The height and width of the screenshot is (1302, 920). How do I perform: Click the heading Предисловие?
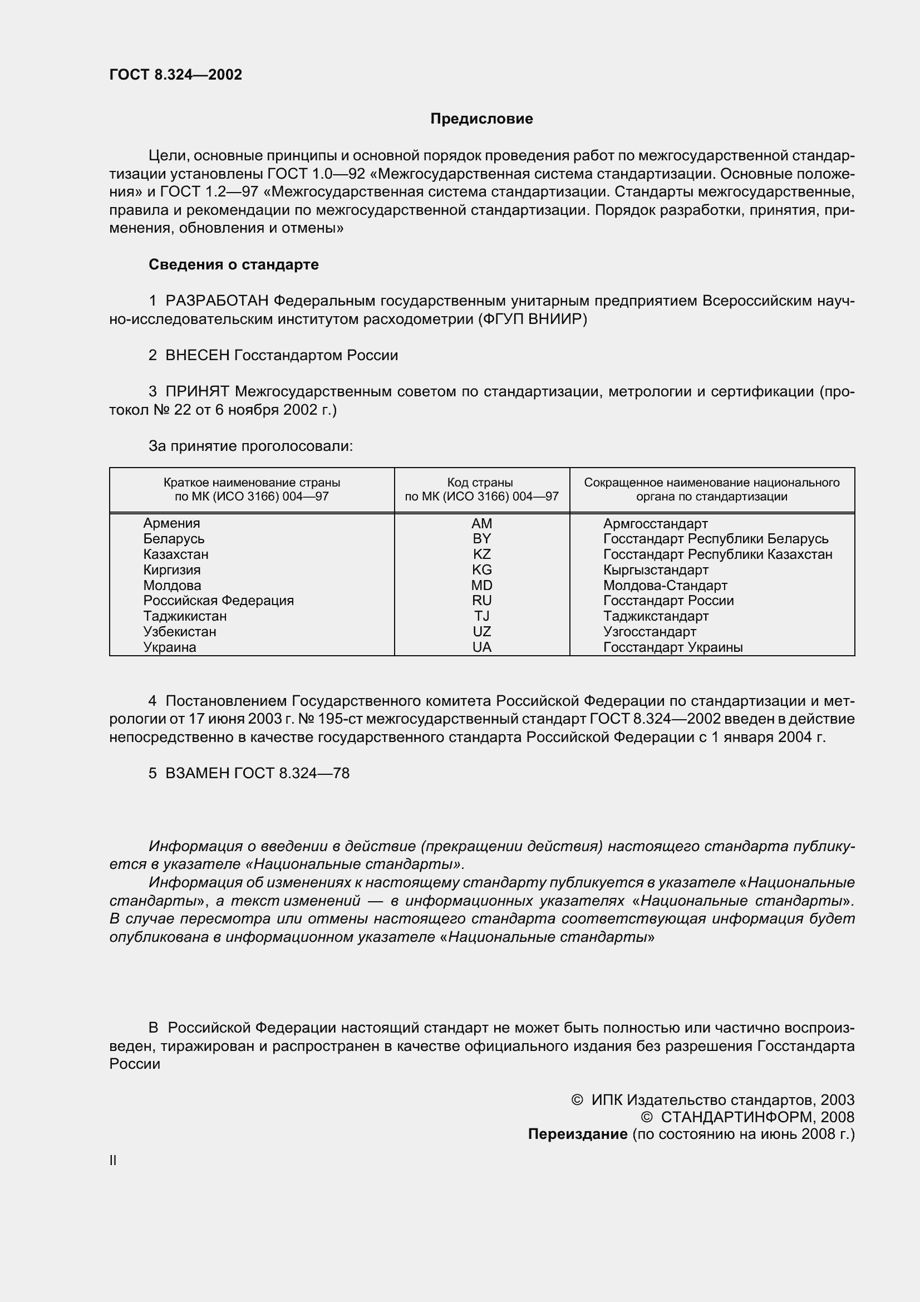[x=481, y=119]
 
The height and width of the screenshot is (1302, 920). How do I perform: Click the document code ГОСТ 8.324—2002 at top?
[x=176, y=75]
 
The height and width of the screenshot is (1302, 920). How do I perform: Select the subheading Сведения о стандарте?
[x=234, y=265]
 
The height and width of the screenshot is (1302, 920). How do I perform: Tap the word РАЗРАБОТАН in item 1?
[x=217, y=301]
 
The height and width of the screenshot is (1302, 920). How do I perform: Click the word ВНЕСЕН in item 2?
[x=197, y=356]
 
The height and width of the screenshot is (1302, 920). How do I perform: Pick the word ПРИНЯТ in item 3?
[x=197, y=392]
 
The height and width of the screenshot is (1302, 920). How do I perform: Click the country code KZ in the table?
[x=482, y=554]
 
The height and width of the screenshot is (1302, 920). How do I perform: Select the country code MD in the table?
[x=482, y=585]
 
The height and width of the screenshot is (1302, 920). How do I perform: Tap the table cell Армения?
[x=171, y=523]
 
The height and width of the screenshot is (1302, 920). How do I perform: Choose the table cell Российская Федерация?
[x=218, y=601]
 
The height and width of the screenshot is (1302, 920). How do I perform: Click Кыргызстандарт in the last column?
[x=655, y=570]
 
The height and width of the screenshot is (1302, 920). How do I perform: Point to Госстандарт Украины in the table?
[x=672, y=647]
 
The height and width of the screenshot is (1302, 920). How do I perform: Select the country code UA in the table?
[x=482, y=647]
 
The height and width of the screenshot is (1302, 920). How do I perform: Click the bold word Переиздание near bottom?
[x=578, y=1133]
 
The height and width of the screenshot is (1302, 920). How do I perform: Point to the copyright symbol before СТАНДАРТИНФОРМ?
[x=646, y=1117]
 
